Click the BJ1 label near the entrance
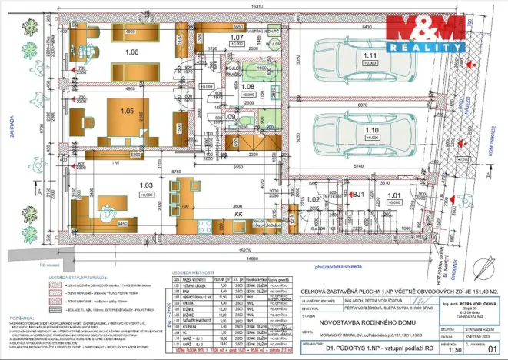point(357,195)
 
